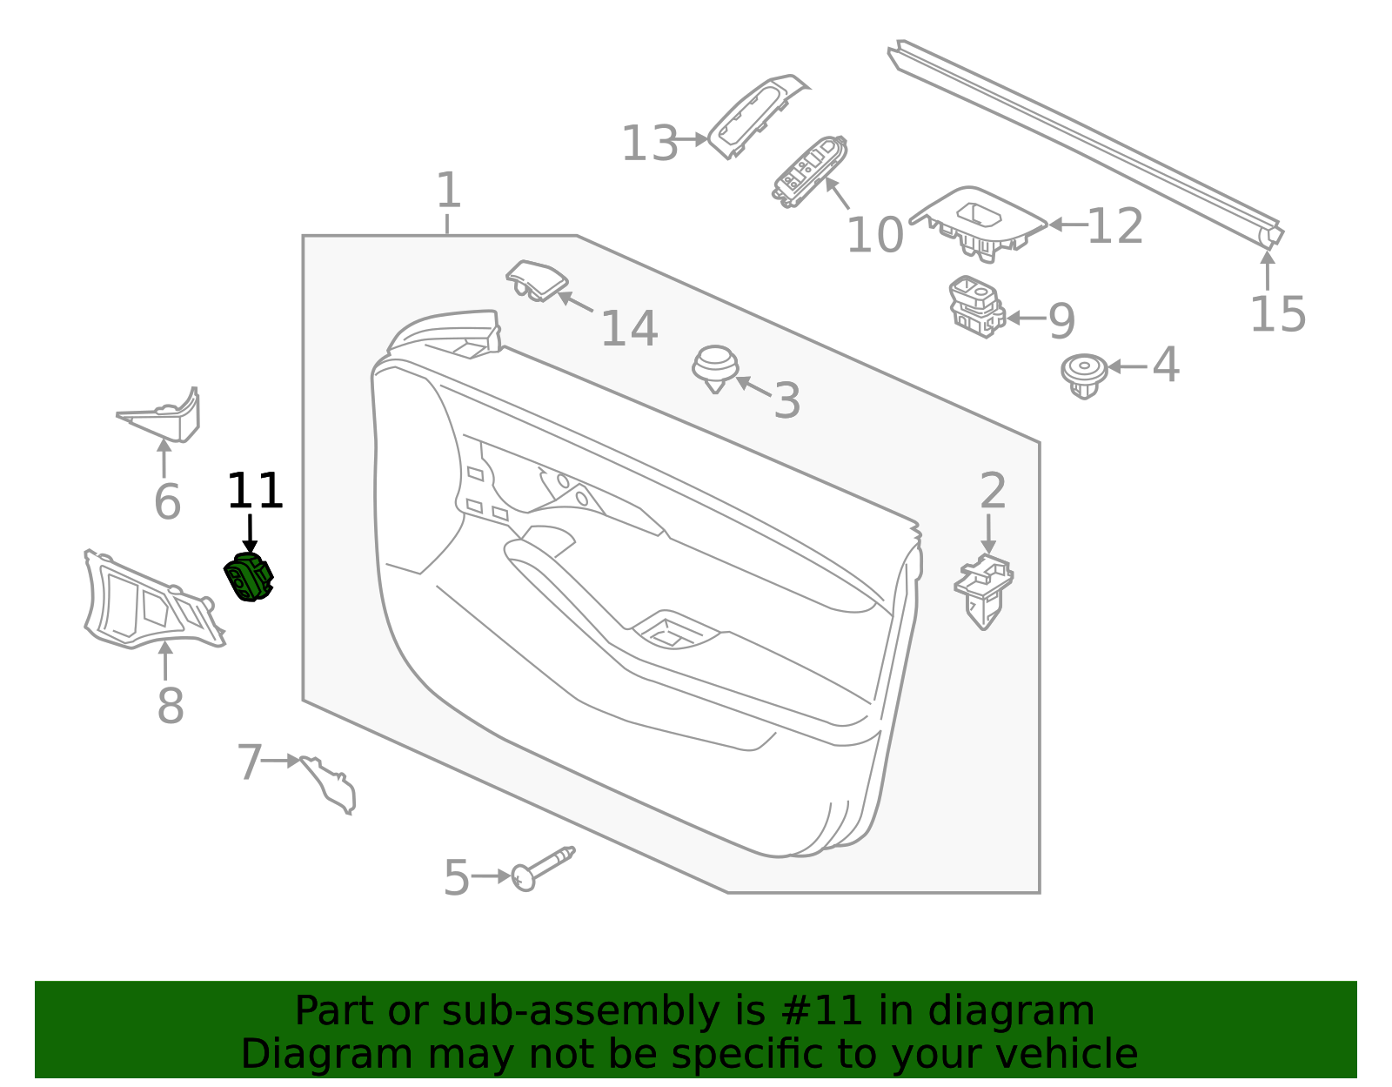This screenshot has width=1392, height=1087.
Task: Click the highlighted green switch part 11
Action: (249, 578)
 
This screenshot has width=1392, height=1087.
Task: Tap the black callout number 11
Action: (255, 492)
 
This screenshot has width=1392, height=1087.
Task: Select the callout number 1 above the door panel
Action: (448, 191)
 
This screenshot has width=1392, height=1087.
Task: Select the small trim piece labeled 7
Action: (330, 782)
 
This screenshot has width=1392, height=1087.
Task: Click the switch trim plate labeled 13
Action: (757, 115)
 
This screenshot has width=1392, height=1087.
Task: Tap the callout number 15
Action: (1278, 314)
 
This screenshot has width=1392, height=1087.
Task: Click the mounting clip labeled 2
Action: (983, 589)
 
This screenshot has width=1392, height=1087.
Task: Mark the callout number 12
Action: (1114, 226)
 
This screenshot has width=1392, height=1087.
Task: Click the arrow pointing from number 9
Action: (1027, 319)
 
